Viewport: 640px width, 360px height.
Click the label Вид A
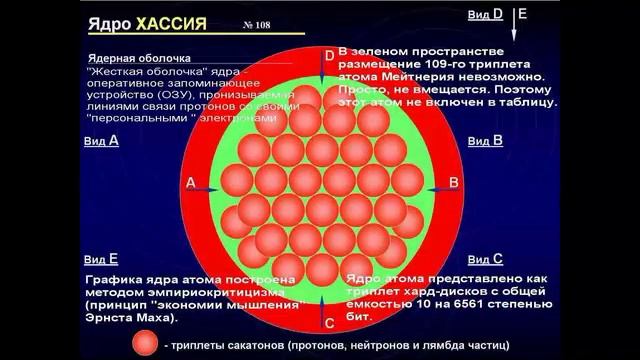click(x=101, y=141)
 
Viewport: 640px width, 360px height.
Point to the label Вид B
click(x=484, y=141)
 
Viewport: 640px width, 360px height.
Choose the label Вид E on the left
click(x=101, y=258)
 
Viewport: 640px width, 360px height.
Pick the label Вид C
click(x=484, y=259)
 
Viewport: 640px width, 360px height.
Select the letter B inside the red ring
click(x=453, y=182)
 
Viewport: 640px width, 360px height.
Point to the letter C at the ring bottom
click(x=329, y=323)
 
